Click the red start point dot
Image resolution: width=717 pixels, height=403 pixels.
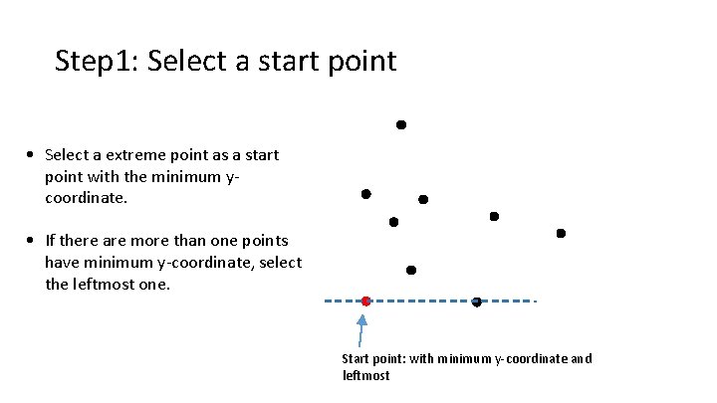click(365, 301)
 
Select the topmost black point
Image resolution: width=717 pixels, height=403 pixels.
click(401, 125)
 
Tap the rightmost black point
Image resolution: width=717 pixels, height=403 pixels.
click(561, 233)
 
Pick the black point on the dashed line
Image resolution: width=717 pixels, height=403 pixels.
click(476, 302)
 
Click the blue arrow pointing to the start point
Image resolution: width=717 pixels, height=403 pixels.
click(363, 332)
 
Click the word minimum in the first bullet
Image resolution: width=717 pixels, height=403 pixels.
click(194, 177)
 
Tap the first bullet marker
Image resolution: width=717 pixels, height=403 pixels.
click(33, 155)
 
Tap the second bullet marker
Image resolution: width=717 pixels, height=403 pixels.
click(33, 241)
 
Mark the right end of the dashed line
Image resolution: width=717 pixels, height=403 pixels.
click(536, 301)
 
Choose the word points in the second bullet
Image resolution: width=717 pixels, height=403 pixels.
click(265, 241)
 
